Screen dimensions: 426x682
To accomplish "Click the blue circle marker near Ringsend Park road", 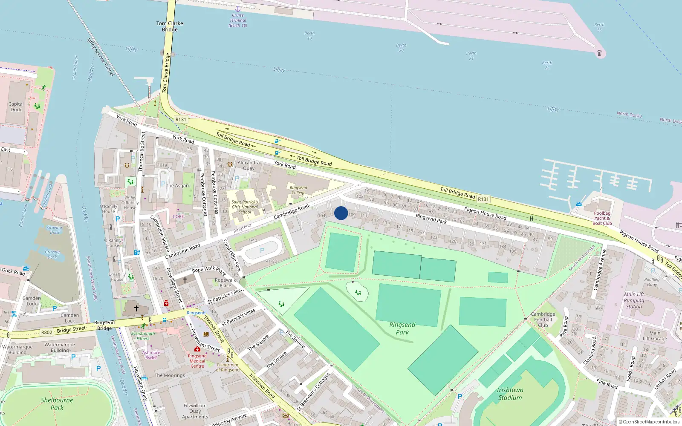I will (341, 213).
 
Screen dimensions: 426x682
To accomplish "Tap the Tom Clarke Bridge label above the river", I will (170, 26).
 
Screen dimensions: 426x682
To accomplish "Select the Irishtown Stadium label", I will (510, 394).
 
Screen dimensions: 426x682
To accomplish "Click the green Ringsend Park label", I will (402, 328).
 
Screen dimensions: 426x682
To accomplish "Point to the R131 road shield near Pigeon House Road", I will (483, 199).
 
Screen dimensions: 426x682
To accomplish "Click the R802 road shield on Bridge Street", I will (46, 332).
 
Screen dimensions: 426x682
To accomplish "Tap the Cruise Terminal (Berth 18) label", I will (238, 20).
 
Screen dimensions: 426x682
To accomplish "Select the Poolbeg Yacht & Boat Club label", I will (602, 218).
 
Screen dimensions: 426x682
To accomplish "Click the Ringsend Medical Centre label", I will (197, 361).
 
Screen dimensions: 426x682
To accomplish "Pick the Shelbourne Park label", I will (57, 404).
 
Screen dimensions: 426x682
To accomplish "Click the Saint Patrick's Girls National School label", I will (245, 207).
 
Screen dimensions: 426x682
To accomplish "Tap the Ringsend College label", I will (298, 190).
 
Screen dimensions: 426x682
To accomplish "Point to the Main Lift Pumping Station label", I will (634, 300).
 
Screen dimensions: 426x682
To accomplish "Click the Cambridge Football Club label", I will (543, 319).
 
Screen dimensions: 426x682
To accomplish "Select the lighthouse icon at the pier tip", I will (599, 53).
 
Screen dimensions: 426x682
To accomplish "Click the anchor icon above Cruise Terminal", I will (238, 9).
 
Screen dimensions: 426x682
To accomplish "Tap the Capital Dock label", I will (16, 107).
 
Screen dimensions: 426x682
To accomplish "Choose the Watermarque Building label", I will (60, 348).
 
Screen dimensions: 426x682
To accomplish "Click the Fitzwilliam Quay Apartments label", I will (195, 411).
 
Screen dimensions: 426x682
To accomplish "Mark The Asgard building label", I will (178, 186).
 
